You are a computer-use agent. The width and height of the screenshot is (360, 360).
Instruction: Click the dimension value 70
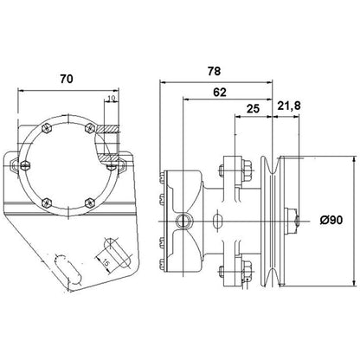pyautogui.click(x=66, y=78)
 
